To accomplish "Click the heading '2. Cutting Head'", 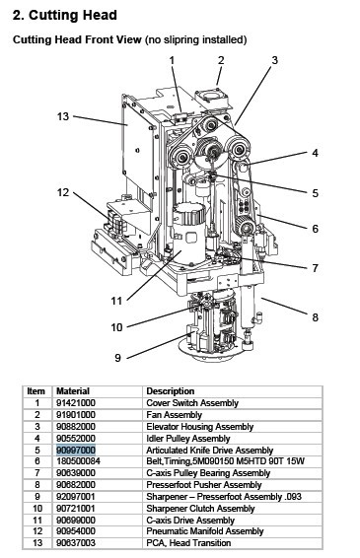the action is (64, 16).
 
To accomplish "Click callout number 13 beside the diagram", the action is (63, 116).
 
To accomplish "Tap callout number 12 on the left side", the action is (63, 192).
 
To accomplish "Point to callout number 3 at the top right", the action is (274, 60).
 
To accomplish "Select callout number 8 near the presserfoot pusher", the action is (316, 317).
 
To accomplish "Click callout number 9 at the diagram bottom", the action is (118, 358).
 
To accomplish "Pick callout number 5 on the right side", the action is (316, 193).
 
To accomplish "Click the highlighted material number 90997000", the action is (76, 451).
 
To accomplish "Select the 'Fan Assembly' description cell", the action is (175, 415).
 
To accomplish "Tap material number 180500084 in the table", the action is (78, 461).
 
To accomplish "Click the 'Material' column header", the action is (73, 391).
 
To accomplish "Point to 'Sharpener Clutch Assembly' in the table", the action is (200, 509).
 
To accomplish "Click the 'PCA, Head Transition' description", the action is (188, 543).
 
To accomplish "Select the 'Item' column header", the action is (36, 391).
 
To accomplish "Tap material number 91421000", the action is (76, 403).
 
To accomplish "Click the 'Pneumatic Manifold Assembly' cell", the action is (205, 531).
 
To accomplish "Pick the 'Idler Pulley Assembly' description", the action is (188, 439).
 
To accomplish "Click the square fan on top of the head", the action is (213, 98).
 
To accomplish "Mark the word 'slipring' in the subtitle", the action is (182, 39).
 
